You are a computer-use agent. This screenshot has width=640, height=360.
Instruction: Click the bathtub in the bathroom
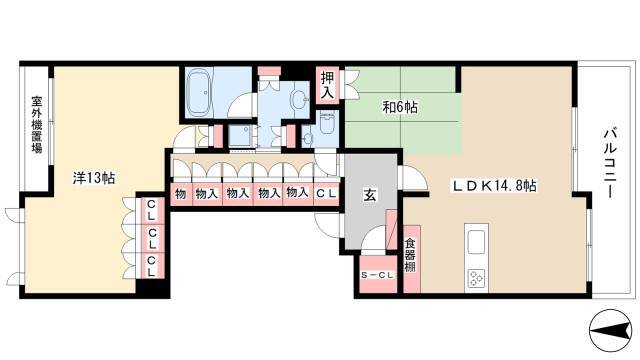click(x=199, y=92)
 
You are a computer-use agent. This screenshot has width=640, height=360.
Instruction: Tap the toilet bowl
click(x=327, y=123)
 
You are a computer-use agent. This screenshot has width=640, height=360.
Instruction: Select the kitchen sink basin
click(x=476, y=242)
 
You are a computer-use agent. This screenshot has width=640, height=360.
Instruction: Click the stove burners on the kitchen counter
click(x=476, y=278)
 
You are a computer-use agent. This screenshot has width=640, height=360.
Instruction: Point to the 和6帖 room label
click(x=400, y=107)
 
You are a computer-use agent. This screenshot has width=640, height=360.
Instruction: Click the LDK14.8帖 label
click(x=494, y=186)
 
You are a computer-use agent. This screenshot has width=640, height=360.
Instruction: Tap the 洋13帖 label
click(x=93, y=178)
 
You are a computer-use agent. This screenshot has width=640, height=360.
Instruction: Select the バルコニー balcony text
click(x=609, y=163)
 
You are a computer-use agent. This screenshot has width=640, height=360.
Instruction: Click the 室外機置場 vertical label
click(x=37, y=124)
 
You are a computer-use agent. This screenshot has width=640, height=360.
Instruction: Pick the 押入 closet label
click(x=327, y=85)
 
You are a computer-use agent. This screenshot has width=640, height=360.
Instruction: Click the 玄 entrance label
click(x=370, y=196)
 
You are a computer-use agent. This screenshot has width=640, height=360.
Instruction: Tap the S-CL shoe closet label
click(x=377, y=275)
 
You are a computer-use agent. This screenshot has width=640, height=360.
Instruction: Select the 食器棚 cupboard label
click(x=410, y=256)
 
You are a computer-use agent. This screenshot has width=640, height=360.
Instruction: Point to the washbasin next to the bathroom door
click(x=298, y=99)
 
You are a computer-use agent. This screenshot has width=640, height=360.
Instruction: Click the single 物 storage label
click(x=180, y=194)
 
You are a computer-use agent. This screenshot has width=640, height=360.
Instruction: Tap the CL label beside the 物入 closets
click(x=327, y=194)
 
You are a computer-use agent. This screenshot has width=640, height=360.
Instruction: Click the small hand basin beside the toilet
click(x=307, y=139)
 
